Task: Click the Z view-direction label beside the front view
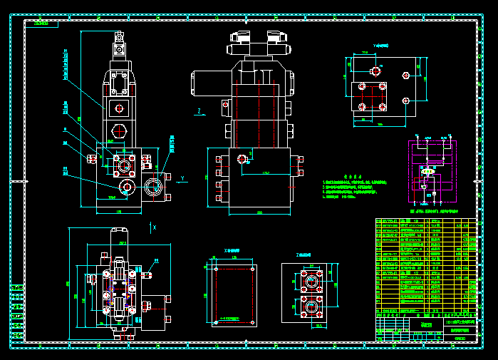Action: point(199,110)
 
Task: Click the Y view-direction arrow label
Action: point(182,178)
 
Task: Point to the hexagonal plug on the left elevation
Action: point(119,130)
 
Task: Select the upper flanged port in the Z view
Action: point(310,281)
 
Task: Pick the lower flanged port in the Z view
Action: point(310,309)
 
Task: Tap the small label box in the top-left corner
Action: point(41,23)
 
